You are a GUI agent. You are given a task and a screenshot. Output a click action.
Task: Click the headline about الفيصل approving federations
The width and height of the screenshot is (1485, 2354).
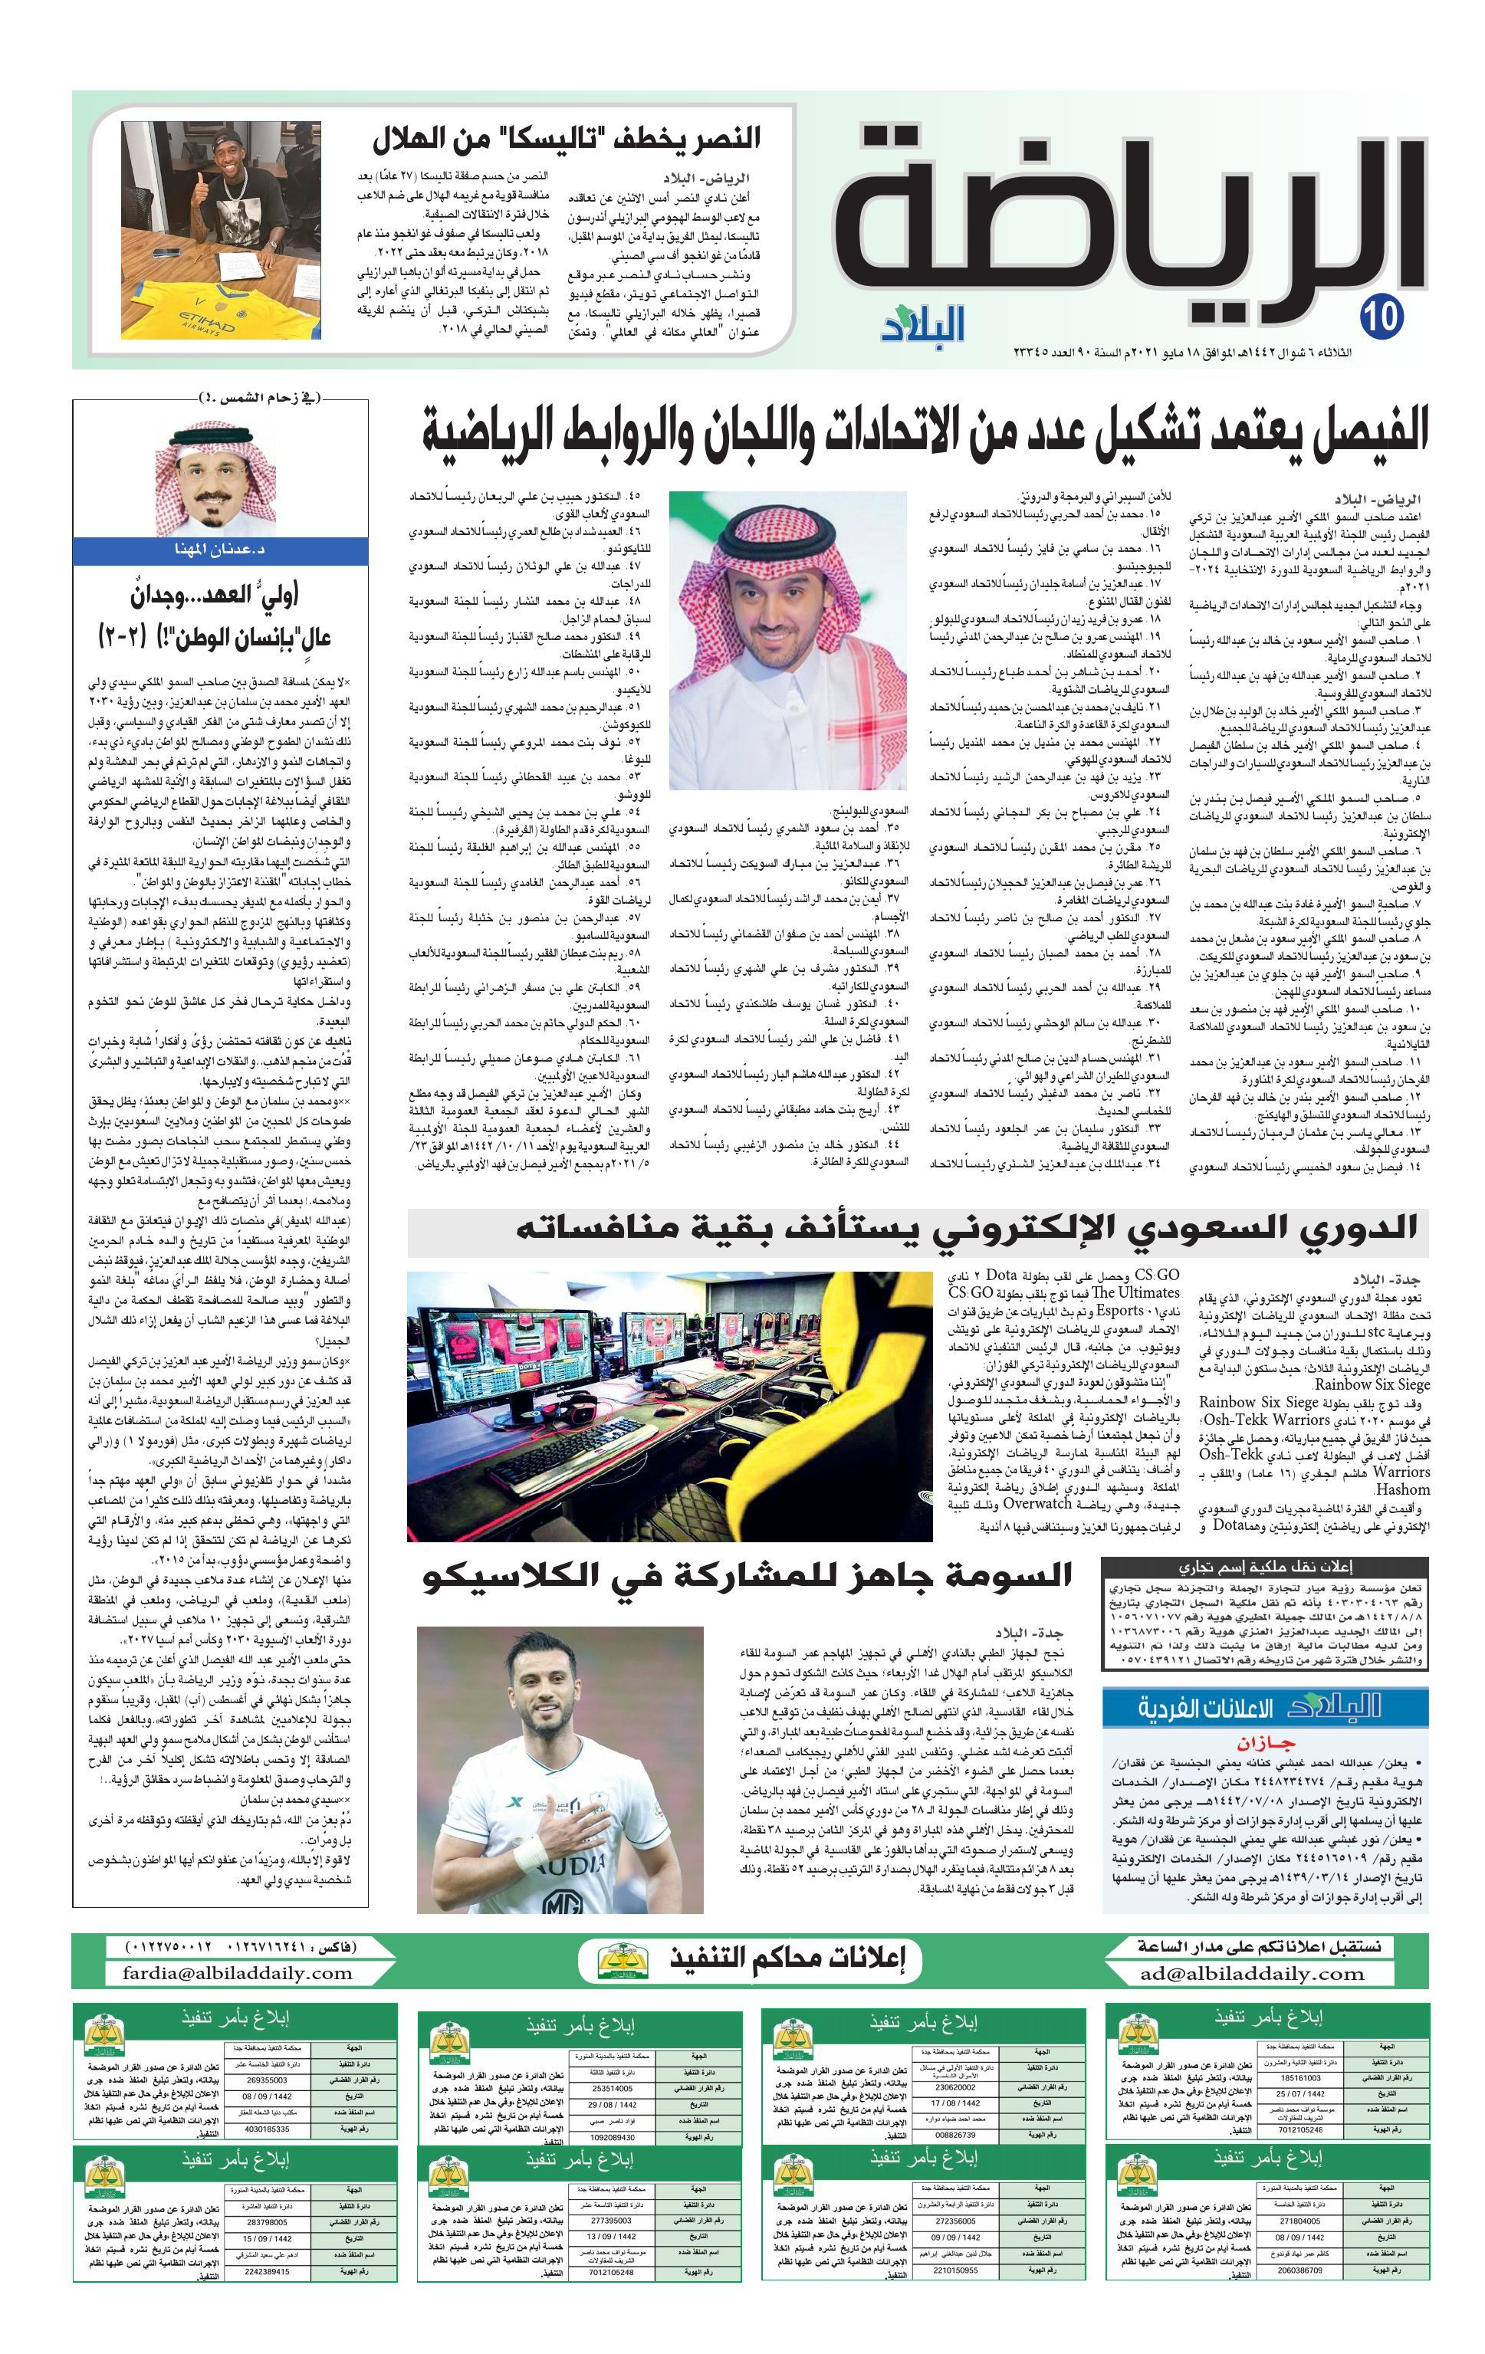point(925,431)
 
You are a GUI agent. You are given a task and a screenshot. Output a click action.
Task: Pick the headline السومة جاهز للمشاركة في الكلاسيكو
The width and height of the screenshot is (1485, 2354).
point(748,1575)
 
